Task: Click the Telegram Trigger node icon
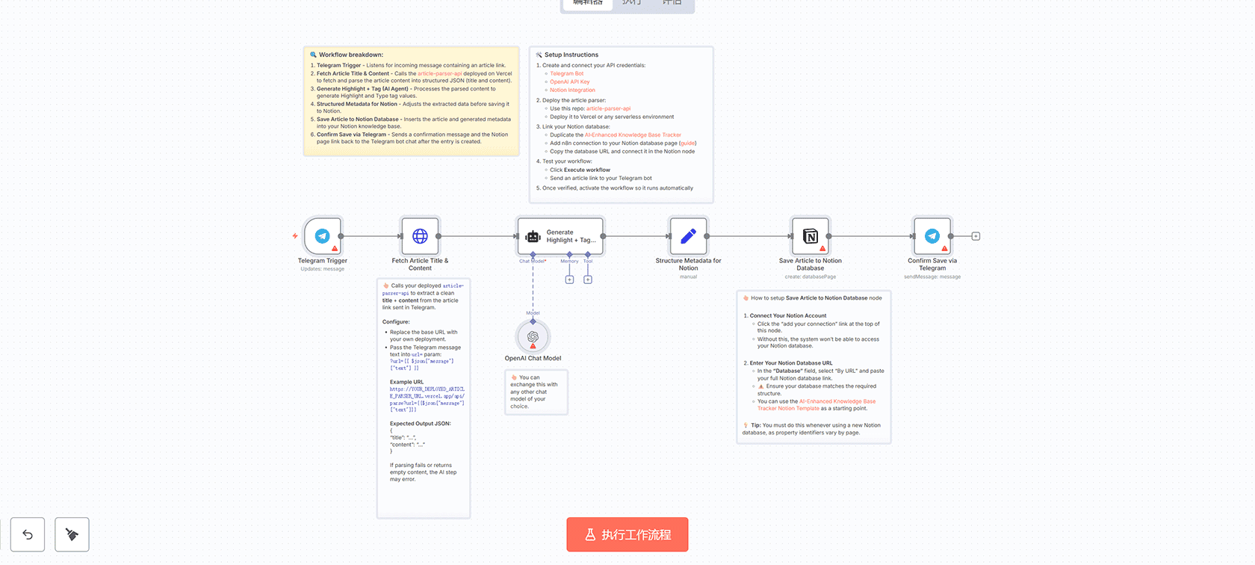tap(323, 236)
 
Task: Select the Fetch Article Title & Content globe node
tap(420, 236)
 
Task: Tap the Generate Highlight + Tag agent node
tap(560, 236)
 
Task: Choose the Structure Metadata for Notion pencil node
tap(688, 236)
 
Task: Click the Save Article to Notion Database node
tap(810, 236)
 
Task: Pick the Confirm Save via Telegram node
tap(932, 236)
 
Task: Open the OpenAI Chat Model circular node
tap(533, 337)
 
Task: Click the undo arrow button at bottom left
tap(28, 534)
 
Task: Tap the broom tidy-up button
tap(72, 534)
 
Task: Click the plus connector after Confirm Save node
tap(976, 236)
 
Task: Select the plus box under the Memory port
tap(569, 280)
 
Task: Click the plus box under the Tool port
tap(588, 280)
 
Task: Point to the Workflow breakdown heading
tap(350, 55)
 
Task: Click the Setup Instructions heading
tap(571, 55)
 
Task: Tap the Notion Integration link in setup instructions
tap(572, 90)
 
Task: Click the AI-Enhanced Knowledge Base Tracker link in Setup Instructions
tap(633, 135)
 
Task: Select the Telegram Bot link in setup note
tap(566, 73)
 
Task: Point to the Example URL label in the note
tap(406, 382)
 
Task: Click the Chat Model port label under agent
tap(533, 261)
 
